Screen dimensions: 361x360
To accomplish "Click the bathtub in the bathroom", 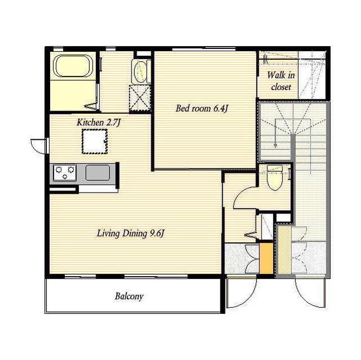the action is (73, 66).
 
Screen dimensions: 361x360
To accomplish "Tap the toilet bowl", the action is (275, 177).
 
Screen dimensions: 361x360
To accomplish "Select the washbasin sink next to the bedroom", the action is (140, 71).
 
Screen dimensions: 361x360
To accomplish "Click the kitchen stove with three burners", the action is (65, 172).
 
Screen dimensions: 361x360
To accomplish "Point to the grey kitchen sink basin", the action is (98, 173).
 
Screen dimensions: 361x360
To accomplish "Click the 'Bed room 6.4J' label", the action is (202, 109).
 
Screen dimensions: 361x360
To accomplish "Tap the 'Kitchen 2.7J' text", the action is (99, 122).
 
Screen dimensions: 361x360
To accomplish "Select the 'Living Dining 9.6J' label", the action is (130, 234).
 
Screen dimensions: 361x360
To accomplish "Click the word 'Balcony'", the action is (129, 296).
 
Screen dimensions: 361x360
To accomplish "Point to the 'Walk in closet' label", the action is (281, 81).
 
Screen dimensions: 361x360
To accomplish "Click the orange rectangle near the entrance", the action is (266, 258).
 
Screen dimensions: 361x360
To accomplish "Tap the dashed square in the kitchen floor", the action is (95, 141).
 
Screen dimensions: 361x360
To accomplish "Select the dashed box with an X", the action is (139, 98).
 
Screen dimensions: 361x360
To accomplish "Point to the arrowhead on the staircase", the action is (275, 145).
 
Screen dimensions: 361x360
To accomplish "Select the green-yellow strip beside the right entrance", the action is (284, 250).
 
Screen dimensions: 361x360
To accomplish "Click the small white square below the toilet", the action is (283, 217).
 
